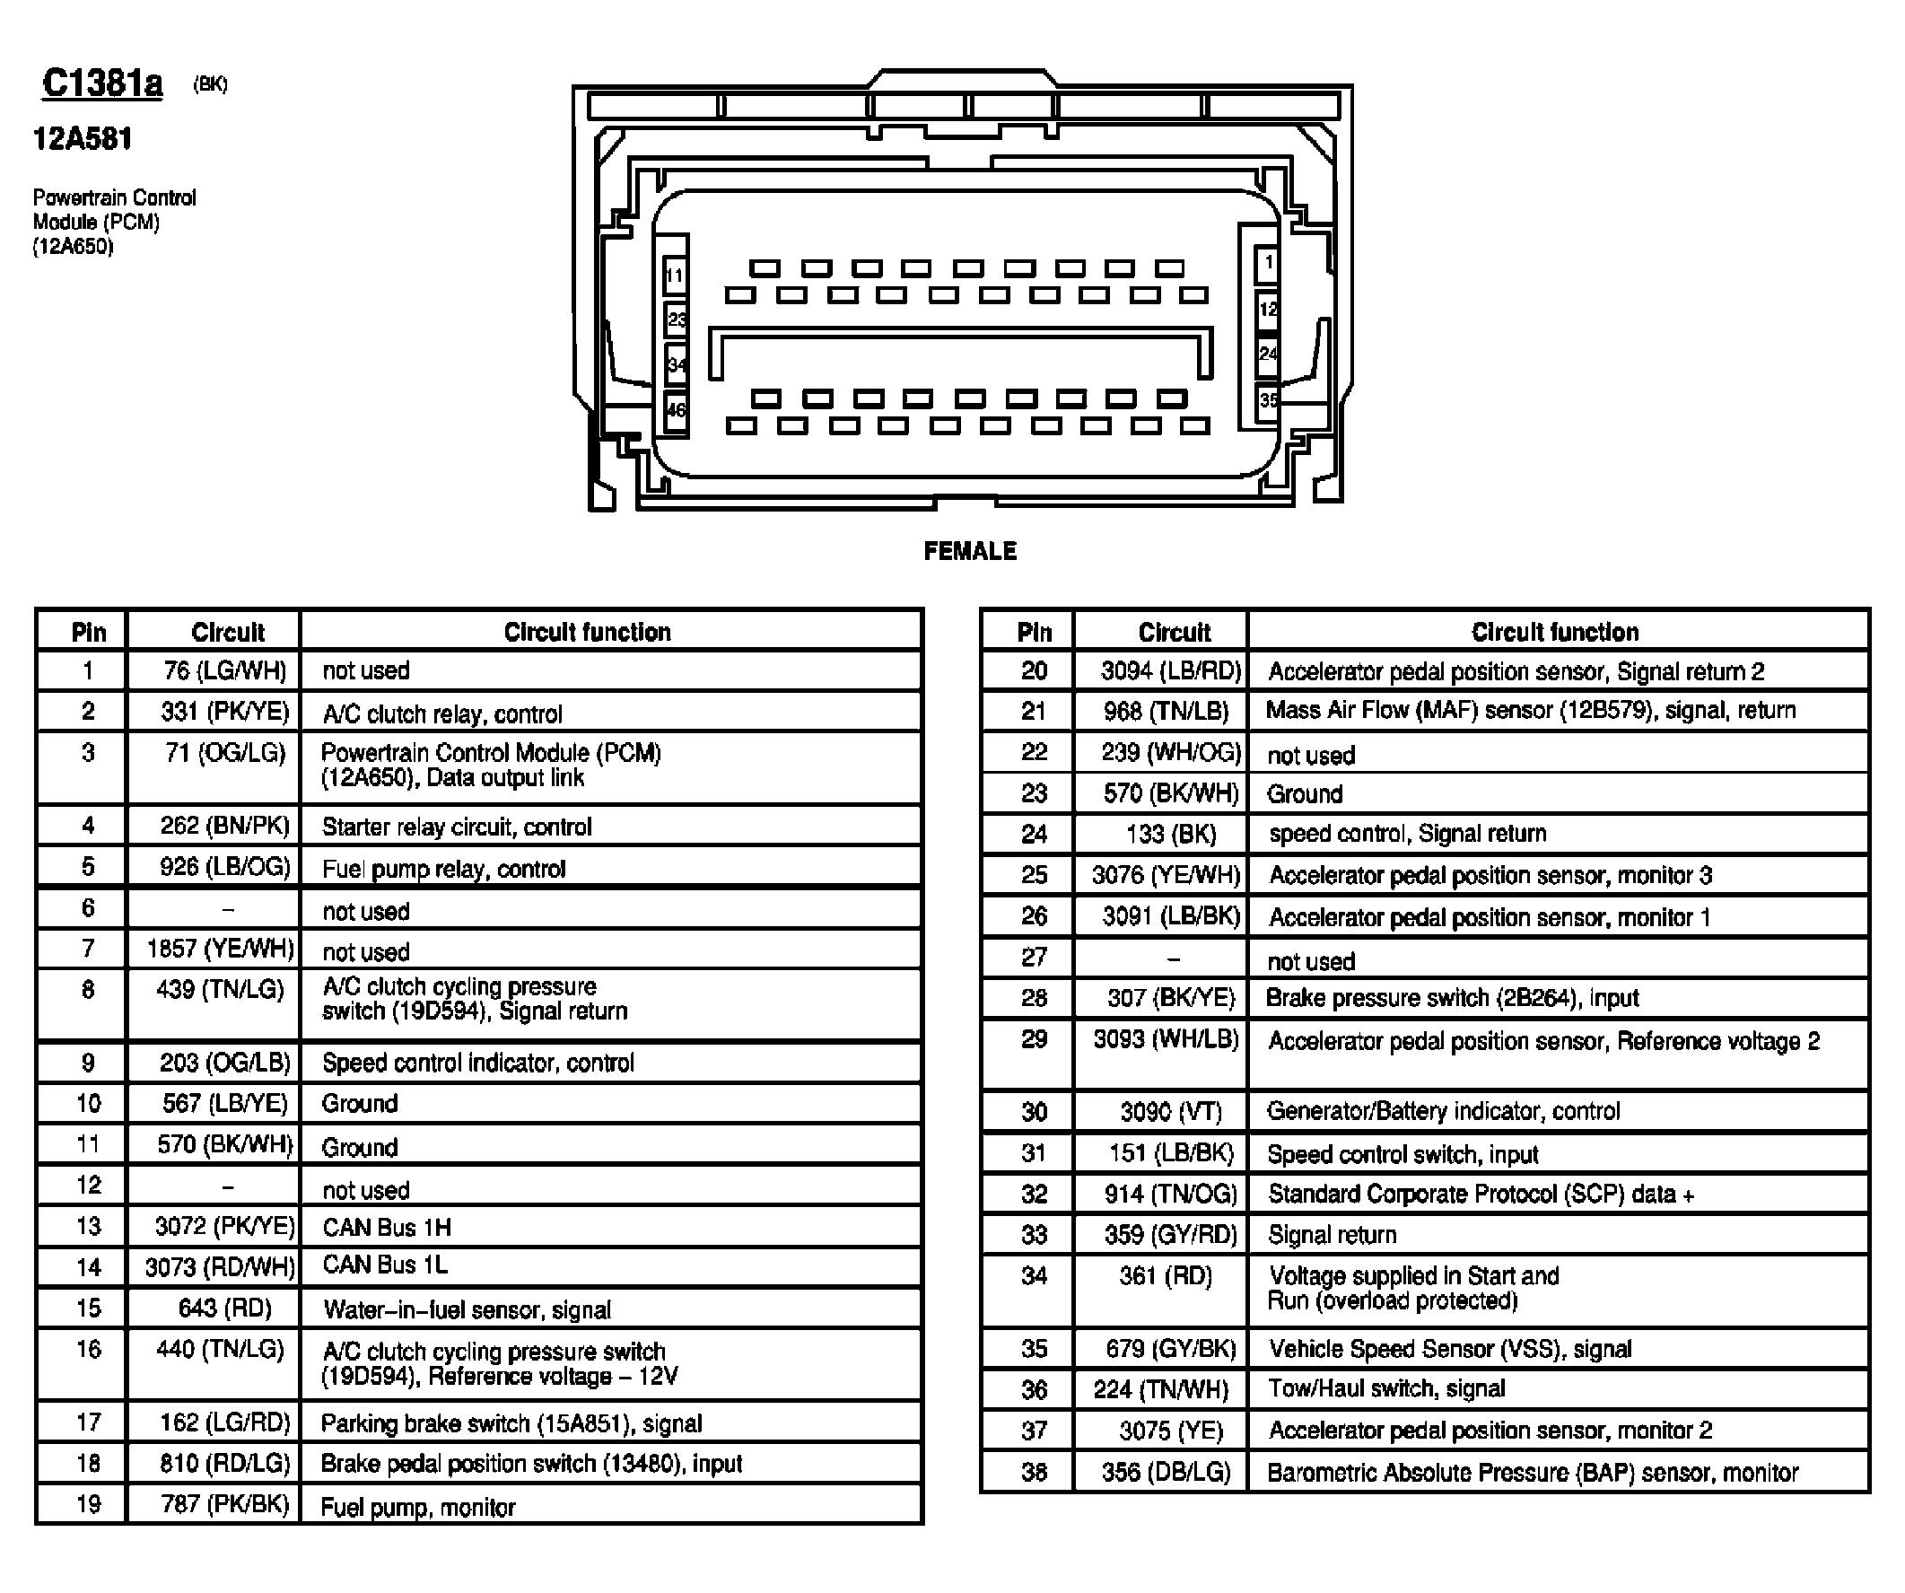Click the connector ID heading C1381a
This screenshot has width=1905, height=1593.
101,83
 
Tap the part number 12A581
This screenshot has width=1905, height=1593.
83,139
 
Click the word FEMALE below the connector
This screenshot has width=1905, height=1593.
970,551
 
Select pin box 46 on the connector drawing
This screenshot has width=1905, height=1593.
676,410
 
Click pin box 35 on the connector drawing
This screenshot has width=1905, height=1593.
1267,399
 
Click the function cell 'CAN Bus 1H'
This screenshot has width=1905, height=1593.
388,1227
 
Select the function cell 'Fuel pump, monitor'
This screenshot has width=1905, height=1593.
418,1507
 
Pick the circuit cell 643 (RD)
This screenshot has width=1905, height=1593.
225,1308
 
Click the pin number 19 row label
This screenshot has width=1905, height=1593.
88,1504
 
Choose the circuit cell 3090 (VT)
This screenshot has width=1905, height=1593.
1170,1111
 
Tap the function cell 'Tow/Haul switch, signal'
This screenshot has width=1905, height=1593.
1386,1388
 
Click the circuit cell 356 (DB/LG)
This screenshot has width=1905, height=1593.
1166,1472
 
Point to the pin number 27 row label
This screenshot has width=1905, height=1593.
1033,957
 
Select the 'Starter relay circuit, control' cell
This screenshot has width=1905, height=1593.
457,827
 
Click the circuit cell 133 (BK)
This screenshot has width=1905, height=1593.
1170,834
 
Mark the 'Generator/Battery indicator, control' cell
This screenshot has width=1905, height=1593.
1442,1111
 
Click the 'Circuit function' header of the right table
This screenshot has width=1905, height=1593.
1554,633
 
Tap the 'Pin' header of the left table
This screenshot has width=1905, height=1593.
88,633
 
